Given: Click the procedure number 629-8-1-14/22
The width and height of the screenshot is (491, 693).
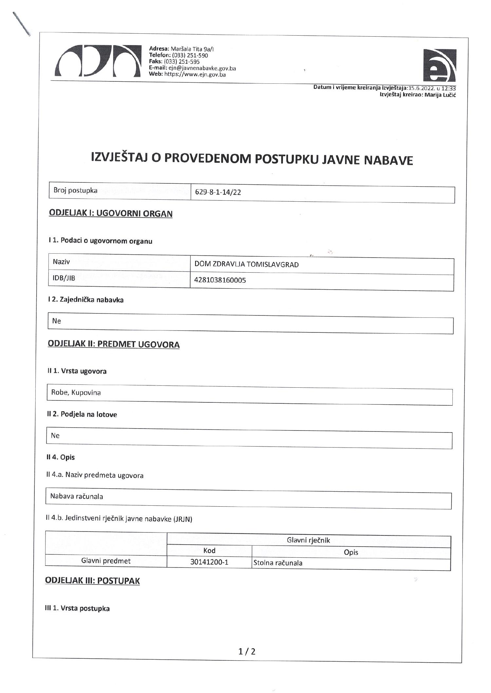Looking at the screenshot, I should point(218,192).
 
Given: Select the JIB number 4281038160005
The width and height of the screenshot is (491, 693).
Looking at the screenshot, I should point(220,280).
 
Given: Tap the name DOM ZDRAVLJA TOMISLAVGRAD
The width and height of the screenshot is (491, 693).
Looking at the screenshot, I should point(246,264).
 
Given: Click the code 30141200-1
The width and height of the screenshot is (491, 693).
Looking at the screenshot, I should point(209,563).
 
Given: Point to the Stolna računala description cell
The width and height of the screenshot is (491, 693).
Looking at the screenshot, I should point(278,563).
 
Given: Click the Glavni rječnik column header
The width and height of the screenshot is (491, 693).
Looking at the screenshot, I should point(308,540).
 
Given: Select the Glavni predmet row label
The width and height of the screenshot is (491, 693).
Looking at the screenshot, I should point(106,561).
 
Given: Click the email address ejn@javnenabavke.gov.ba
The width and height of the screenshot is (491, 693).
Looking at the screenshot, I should point(202,68).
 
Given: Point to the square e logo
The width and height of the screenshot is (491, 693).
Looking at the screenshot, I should point(439,65).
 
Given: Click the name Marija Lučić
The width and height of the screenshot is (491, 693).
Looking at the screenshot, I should point(440,95).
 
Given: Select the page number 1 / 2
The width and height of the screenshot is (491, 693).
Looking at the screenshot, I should point(247,651).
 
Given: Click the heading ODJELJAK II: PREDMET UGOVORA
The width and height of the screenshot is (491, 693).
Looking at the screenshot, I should point(114,344).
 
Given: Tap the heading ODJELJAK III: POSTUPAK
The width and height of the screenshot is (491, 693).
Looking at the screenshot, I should point(92,581).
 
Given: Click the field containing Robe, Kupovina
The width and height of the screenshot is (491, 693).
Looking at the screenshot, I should point(76,393).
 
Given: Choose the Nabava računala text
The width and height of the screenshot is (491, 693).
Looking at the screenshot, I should point(77,496).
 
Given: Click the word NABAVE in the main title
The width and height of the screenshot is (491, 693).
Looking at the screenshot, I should point(388,160).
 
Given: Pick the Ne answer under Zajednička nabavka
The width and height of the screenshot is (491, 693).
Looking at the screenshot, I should point(57,321).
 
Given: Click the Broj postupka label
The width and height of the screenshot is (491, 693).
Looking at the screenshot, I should point(76,191).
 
